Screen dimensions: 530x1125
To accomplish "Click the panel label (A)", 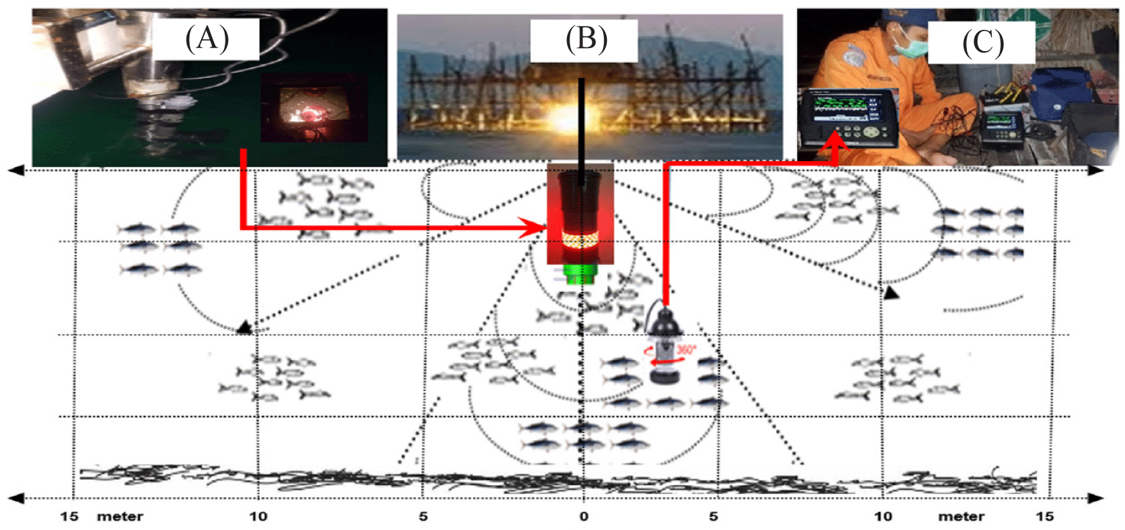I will pyautogui.click(x=206, y=39).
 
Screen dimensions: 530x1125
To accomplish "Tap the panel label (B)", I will pyautogui.click(x=586, y=39).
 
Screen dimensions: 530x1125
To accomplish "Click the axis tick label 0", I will pyautogui.click(x=584, y=516).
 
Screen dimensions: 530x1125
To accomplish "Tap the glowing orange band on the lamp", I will pyautogui.click(x=582, y=241).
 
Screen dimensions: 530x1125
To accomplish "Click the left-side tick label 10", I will pyautogui.click(x=258, y=516).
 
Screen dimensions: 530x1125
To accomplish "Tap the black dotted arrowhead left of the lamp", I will pyautogui.click(x=244, y=328).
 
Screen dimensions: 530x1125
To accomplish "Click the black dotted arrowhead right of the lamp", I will pyautogui.click(x=890, y=292).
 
